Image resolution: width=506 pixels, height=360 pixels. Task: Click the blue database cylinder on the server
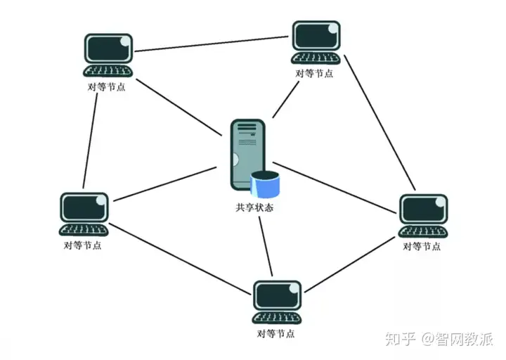265,184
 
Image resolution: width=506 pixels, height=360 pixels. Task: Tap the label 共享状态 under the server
254,207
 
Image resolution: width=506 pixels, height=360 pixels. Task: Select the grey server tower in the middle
248,154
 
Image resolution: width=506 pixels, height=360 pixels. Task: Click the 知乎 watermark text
401,339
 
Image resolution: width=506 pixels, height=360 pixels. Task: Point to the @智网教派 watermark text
457,339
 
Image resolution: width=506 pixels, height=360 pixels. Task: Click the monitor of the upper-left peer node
108,49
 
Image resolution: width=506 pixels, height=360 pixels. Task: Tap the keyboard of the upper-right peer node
316,58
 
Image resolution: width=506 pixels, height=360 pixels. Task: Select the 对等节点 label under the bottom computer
276,333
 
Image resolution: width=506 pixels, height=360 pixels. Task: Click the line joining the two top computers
212,44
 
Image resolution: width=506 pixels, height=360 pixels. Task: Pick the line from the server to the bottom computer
266,246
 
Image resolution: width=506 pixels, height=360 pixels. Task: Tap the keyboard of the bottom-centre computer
277,318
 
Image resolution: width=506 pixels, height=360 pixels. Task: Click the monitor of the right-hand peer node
424,210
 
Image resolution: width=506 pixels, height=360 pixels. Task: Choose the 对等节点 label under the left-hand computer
83,245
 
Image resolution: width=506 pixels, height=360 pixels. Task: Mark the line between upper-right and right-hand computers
379,122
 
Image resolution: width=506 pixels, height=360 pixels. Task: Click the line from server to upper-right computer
285,99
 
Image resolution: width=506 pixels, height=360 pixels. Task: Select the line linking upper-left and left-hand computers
90,141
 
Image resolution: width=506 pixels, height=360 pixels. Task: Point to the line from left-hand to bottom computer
180,259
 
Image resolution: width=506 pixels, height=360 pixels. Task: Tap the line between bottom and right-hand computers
350,264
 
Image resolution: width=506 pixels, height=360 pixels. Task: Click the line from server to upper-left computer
179,107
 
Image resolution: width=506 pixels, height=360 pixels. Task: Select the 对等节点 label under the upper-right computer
314,73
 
